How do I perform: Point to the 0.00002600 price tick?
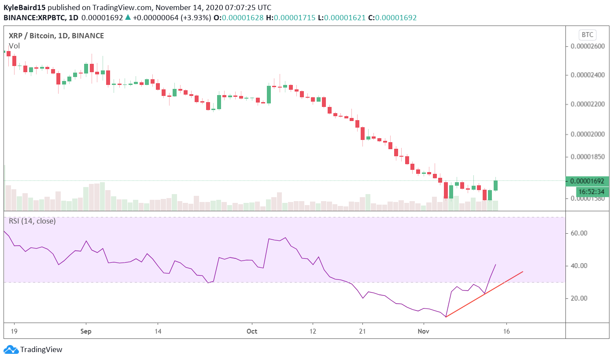click(588, 46)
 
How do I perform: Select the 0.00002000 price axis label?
click(588, 134)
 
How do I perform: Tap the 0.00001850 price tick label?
click(588, 157)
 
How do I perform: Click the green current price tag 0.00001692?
click(588, 181)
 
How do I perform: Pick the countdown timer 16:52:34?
click(592, 192)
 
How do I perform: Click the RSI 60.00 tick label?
click(579, 233)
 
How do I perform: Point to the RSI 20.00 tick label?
click(579, 298)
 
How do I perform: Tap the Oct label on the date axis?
click(252, 331)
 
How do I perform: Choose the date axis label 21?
click(362, 331)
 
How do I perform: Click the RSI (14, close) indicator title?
click(32, 221)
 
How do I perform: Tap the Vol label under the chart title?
click(14, 46)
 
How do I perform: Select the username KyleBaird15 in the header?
click(24, 8)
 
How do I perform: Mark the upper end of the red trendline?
click(522, 272)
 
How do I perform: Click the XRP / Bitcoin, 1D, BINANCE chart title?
click(56, 36)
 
